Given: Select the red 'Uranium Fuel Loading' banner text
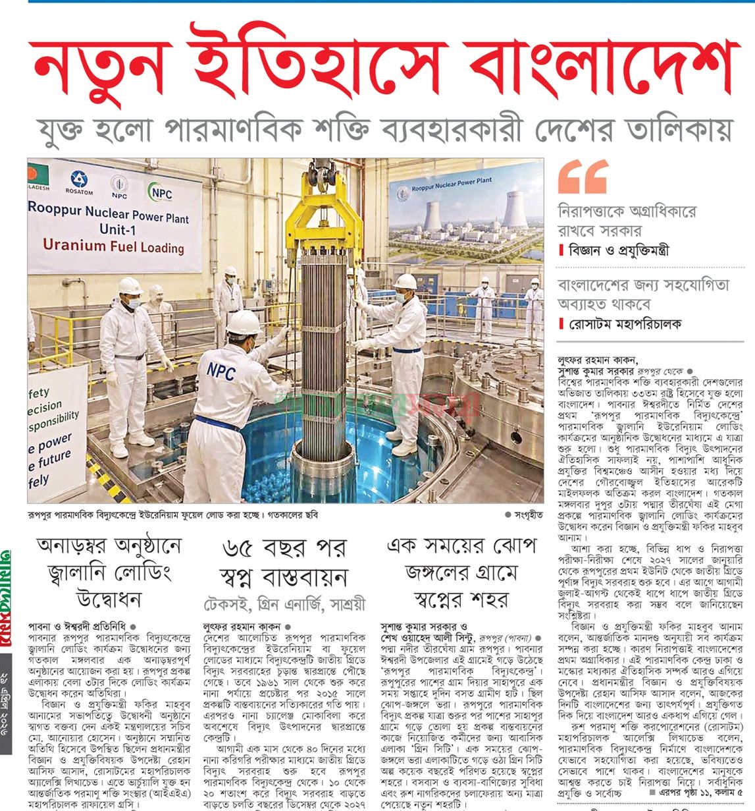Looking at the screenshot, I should point(113,246).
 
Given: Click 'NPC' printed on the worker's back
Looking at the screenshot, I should point(221,370).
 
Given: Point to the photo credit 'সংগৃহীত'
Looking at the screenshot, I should point(527,515).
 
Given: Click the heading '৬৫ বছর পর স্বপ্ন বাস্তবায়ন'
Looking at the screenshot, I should point(284,563).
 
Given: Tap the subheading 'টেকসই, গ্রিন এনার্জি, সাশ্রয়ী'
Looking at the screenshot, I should point(284,604).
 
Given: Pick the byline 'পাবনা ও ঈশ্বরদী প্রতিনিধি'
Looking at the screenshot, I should point(78,627).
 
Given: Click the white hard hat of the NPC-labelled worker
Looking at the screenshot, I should point(243,323).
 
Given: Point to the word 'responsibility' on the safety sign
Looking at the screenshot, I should point(54,420).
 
